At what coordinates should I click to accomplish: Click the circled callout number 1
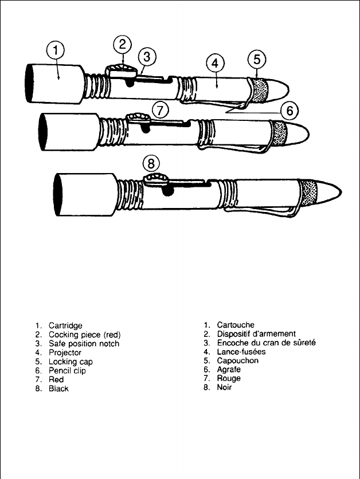coord(55,51)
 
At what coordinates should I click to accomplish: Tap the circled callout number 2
coord(122,44)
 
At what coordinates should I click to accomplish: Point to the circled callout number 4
coord(214,64)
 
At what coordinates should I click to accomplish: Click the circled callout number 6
coord(290,109)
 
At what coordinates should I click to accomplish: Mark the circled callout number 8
coord(151,163)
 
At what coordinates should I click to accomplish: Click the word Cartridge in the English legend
coord(65,325)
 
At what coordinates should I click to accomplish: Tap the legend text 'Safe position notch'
coord(84,344)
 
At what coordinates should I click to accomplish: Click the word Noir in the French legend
coord(225,388)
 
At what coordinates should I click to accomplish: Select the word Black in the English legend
coord(58,388)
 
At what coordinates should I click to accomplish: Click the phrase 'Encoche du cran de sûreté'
coord(266,343)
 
